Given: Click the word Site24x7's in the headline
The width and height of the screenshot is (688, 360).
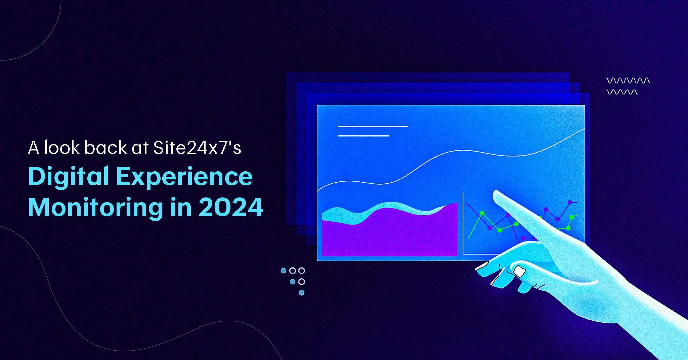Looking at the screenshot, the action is pyautogui.click(x=197, y=148).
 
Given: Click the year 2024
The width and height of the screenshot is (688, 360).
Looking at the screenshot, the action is pyautogui.click(x=231, y=208).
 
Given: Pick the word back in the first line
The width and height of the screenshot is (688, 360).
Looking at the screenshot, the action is pyautogui.click(x=106, y=148).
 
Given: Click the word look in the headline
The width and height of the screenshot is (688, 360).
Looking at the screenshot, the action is pyautogui.click(x=62, y=148).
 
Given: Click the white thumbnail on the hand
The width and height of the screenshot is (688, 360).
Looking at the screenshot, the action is pyautogui.click(x=519, y=271).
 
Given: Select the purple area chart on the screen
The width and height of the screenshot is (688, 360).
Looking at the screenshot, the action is pyautogui.click(x=390, y=232).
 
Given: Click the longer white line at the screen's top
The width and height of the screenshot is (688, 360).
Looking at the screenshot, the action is pyautogui.click(x=373, y=126).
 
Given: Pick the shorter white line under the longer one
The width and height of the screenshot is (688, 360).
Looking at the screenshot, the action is pyautogui.click(x=363, y=136).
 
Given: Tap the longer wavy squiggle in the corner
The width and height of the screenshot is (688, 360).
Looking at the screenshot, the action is pyautogui.click(x=628, y=81).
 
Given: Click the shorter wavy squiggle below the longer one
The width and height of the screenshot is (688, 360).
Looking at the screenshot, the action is pyautogui.click(x=622, y=92).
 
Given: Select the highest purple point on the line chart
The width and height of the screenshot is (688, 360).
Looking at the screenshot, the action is pyautogui.click(x=570, y=203).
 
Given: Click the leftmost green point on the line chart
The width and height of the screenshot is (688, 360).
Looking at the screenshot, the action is pyautogui.click(x=482, y=213).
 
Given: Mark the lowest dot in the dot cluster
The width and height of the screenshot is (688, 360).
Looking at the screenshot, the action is pyautogui.click(x=302, y=292).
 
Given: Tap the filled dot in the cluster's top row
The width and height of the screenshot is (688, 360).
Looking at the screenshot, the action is pyautogui.click(x=284, y=271).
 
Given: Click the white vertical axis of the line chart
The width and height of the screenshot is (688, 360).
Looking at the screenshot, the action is pyautogui.click(x=463, y=224).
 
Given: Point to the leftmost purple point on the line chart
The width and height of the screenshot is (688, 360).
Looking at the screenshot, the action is pyautogui.click(x=490, y=228).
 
